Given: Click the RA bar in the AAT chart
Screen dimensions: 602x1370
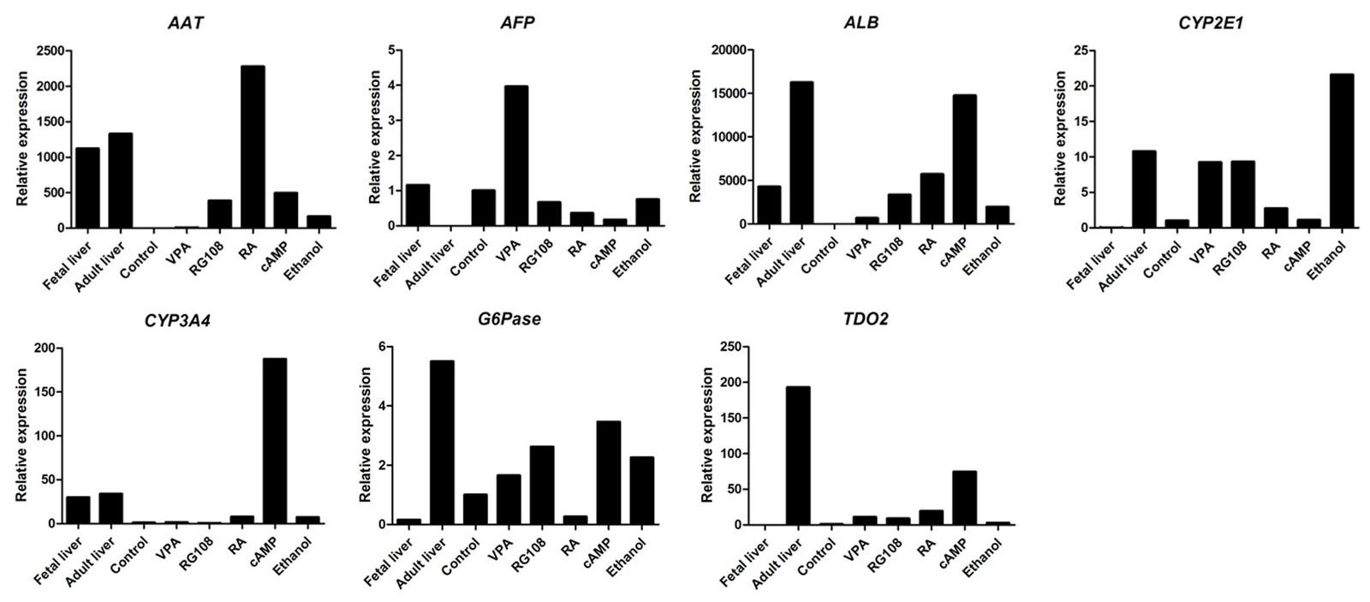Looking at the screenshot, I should pyautogui.click(x=253, y=146).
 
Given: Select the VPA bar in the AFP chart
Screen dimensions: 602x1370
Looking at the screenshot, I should pyautogui.click(x=516, y=156).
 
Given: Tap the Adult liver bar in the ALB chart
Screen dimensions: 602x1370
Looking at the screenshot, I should pyautogui.click(x=801, y=152).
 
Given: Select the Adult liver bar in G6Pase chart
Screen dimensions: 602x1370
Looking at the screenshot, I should pyautogui.click(x=442, y=442).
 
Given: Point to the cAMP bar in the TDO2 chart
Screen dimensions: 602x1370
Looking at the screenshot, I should pyautogui.click(x=964, y=498).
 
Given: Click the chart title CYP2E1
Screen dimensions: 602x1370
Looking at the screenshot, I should pyautogui.click(x=1210, y=23).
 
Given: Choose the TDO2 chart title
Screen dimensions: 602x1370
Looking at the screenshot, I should pyautogui.click(x=865, y=319).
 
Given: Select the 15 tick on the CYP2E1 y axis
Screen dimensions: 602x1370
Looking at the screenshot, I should pyautogui.click(x=1081, y=122).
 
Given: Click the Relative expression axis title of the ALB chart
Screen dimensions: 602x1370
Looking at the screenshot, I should pyautogui.click(x=695, y=136).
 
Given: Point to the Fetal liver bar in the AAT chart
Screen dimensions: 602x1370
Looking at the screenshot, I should pyautogui.click(x=87, y=188).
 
